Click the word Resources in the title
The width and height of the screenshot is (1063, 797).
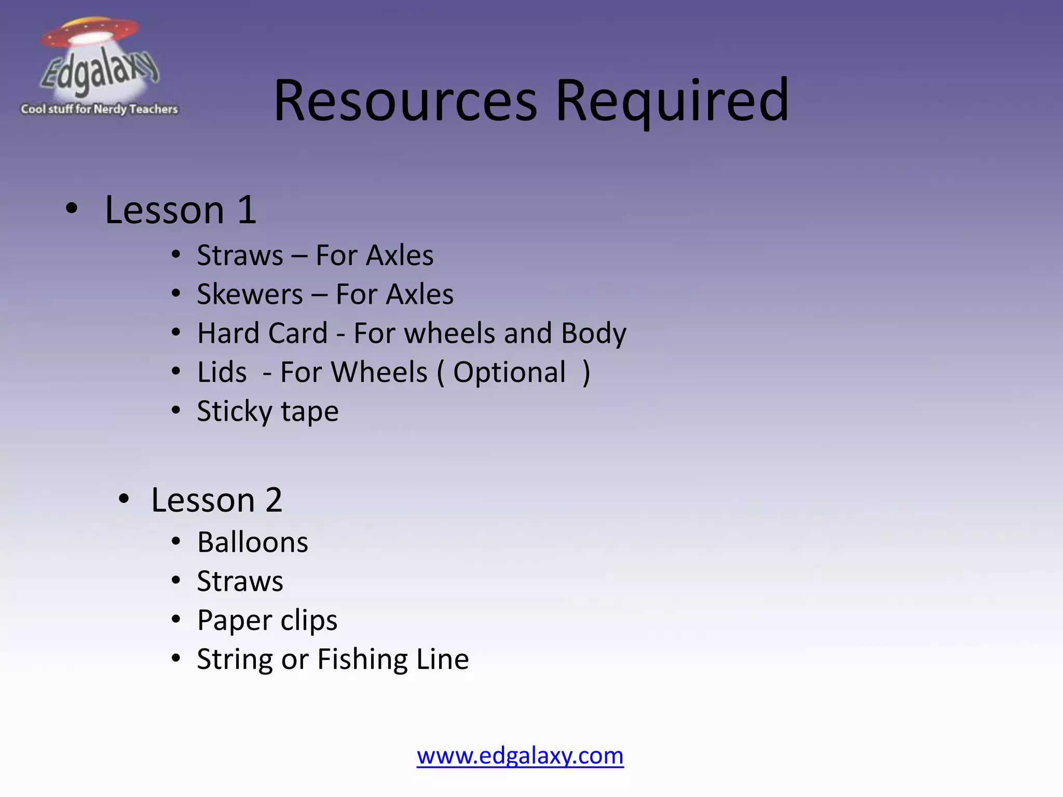coord(405,101)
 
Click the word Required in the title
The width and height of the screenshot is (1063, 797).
coord(672,101)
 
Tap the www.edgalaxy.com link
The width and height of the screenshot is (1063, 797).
coord(520,755)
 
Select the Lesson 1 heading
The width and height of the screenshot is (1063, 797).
coord(180,210)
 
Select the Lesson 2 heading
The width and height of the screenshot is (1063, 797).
coord(216,500)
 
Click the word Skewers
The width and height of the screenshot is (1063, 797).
coord(250,294)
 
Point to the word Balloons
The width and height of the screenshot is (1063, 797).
coord(253,542)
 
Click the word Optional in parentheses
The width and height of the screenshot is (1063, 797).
coord(509,372)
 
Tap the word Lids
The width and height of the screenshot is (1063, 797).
coord(222,372)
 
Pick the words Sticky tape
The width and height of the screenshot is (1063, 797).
coord(268,411)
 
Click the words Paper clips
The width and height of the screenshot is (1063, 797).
coord(267,620)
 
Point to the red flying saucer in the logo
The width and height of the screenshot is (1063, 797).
coord(91,32)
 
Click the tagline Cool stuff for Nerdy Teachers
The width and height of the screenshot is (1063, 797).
coord(99,109)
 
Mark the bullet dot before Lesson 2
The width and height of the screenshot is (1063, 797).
coord(124,499)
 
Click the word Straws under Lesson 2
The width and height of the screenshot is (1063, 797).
coord(240,581)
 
